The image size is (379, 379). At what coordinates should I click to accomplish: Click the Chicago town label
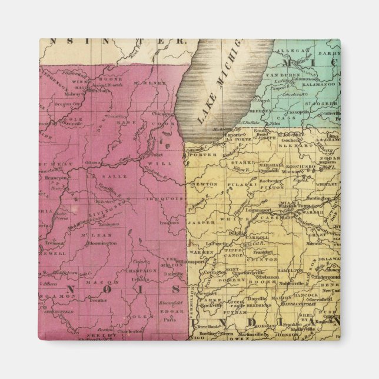tap(161, 114)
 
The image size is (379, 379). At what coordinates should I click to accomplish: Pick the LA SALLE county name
tap(83, 175)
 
